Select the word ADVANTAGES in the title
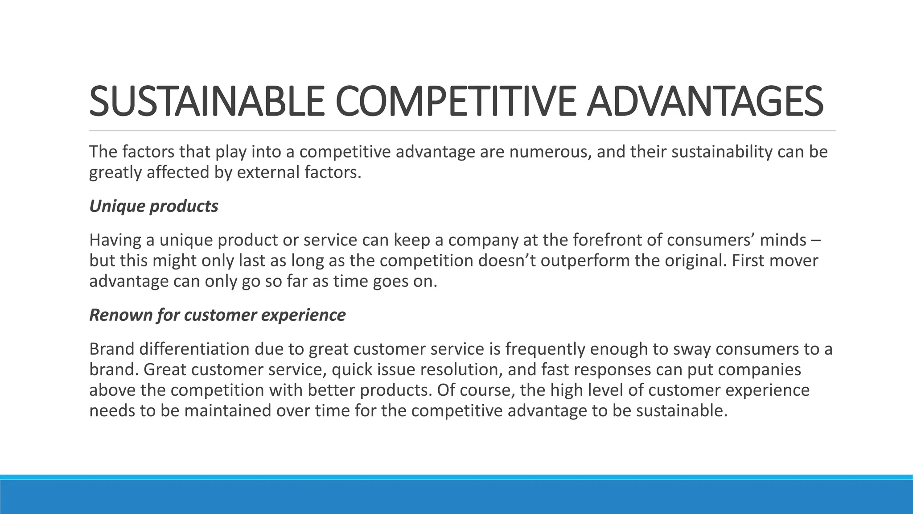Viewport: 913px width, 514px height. coord(704,102)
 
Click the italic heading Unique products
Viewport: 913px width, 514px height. coord(154,206)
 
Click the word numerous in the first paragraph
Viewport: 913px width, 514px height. coord(550,152)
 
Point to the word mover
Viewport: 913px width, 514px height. coord(794,261)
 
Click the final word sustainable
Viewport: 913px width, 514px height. coord(682,410)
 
